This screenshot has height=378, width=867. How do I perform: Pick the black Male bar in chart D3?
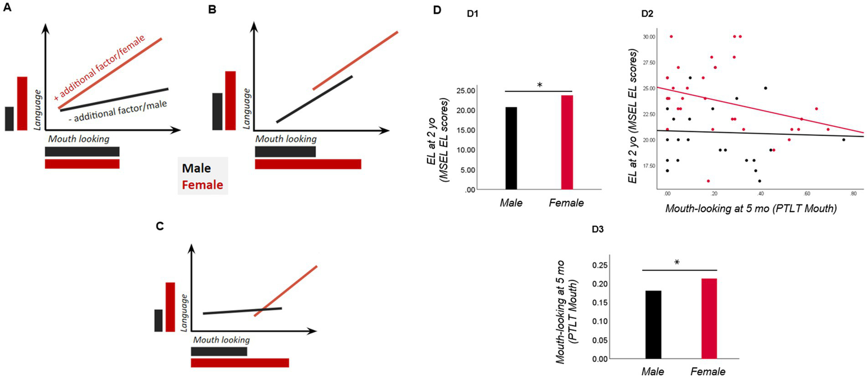click(x=653, y=324)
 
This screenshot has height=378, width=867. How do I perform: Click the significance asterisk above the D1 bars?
click(x=539, y=86)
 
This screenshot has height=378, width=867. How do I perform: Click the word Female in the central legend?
click(x=203, y=185)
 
